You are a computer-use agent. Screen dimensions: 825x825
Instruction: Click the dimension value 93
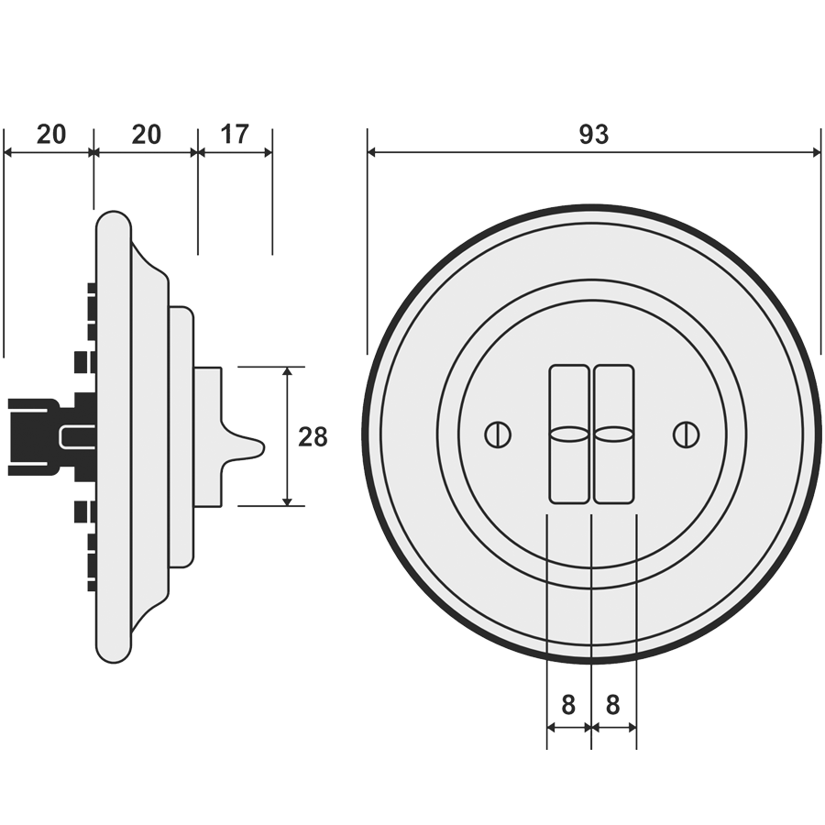click(x=593, y=135)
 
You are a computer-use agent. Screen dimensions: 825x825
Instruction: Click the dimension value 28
click(x=313, y=437)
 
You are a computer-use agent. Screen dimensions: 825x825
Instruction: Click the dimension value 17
click(x=235, y=135)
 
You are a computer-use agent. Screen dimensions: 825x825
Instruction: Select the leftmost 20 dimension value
click(x=51, y=135)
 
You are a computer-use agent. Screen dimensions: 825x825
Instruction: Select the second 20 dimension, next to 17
click(x=146, y=135)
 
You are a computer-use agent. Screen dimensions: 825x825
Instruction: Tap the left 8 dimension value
click(x=568, y=705)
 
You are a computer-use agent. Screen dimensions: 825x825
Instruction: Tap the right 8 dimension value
click(x=613, y=705)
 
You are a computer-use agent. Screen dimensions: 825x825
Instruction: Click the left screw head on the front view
click(x=496, y=434)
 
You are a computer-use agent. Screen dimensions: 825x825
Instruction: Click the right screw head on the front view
click(x=684, y=434)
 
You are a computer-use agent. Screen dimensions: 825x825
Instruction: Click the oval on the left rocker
click(x=569, y=434)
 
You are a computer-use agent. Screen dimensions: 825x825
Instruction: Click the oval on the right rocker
click(x=613, y=434)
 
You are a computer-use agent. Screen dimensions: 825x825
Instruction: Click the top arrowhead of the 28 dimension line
click(x=288, y=372)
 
